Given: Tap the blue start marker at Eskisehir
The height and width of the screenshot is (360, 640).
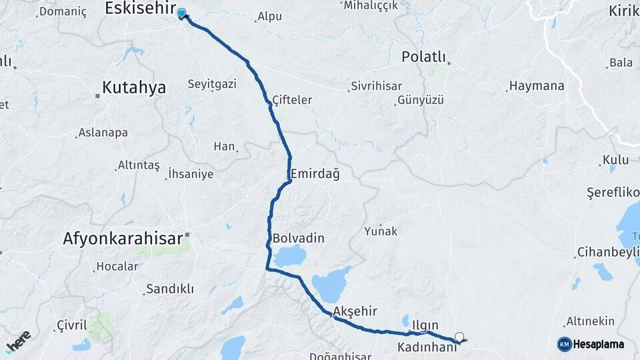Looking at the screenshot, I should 181,13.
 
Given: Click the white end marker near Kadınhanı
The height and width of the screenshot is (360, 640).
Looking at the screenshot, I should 459,337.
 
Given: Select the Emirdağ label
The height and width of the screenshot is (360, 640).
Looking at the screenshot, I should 315,174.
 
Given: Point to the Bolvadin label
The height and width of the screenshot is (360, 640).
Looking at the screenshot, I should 298,238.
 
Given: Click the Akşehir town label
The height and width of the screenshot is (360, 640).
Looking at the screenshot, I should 355,311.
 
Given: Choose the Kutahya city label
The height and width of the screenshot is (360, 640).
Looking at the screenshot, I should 133,87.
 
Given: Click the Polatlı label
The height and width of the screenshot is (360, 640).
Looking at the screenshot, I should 423,57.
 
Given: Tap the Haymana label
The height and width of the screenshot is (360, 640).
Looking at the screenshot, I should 536,86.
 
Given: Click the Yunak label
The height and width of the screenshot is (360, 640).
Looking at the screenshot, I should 381,231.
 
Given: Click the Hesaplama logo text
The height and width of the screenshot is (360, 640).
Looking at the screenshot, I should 598,344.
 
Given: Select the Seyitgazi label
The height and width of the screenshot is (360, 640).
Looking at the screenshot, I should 212,85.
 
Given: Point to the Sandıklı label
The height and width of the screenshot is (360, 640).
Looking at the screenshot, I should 169,289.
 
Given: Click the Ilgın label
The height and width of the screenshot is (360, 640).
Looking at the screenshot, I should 425,325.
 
